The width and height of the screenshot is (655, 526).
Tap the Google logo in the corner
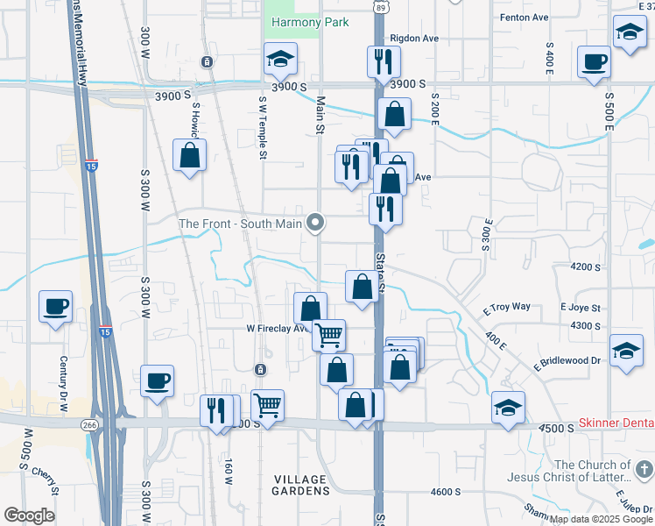(x=29, y=515)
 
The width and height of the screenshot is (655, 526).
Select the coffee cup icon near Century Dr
(x=55, y=307)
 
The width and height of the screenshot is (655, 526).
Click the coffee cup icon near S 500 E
(x=594, y=62)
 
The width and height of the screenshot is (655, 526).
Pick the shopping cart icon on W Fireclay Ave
(x=328, y=334)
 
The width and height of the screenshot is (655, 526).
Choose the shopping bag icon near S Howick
(x=189, y=155)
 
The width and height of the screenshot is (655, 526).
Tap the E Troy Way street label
(x=508, y=307)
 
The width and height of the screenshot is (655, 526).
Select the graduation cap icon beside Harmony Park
(x=280, y=59)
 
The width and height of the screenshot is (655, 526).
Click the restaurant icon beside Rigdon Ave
(x=383, y=60)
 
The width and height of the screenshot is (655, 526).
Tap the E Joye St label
(x=581, y=308)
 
